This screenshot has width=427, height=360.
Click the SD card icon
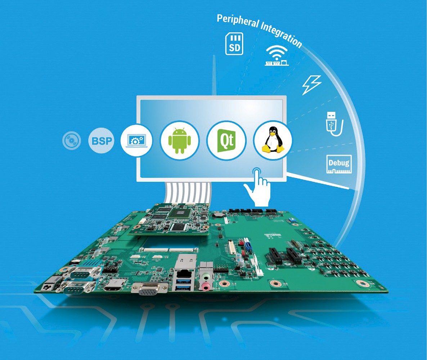[234, 44]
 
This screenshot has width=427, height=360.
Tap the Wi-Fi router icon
[277, 56]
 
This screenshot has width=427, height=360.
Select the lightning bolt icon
[311, 85]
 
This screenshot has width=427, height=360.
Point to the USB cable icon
[334, 123]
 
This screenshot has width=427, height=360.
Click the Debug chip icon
[339, 164]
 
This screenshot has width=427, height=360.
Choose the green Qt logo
[226, 140]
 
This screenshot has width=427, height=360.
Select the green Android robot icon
[180, 141]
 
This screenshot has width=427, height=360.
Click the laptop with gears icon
[137, 140]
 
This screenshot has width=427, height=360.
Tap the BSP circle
[101, 141]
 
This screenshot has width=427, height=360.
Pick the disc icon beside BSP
[72, 141]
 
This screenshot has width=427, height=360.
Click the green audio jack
[206, 277]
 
